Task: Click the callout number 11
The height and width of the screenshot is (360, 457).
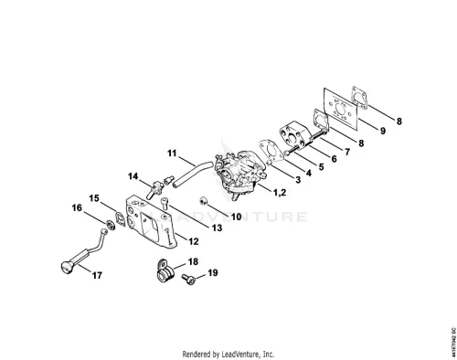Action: pos(172,153)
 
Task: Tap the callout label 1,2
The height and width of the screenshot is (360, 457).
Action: pos(280,192)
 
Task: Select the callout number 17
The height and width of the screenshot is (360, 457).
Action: pos(97,275)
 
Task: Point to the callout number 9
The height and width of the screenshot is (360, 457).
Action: pos(383,131)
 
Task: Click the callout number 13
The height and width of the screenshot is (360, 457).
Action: pos(217,228)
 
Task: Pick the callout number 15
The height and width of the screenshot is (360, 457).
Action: pos(94,198)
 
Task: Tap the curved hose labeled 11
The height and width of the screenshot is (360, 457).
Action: pos(191,173)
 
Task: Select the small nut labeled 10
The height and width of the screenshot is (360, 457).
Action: pos(203,201)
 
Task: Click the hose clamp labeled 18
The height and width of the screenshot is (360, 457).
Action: pos(165,270)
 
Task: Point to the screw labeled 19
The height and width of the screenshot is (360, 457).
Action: pos(188,279)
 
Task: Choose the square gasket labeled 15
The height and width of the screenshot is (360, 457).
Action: pos(121,218)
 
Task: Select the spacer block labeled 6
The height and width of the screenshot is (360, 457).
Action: pos(294,136)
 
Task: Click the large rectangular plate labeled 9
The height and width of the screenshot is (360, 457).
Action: pos(340,109)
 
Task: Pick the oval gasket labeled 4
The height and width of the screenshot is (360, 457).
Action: pos(271,151)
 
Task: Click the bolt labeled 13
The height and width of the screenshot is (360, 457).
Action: pos(165,203)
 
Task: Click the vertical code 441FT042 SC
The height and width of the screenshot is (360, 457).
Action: pos(453,342)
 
